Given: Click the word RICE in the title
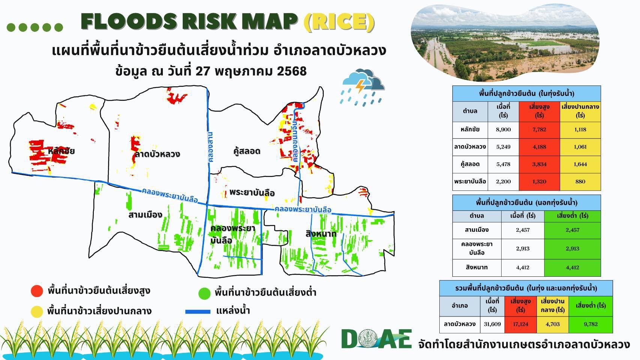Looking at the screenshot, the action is [339, 22].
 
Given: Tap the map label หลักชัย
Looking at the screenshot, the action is [61, 151].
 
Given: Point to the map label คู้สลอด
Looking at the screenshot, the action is [247, 151].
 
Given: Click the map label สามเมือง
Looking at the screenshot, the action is [146, 214].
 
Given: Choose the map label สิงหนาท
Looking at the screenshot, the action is [321, 234].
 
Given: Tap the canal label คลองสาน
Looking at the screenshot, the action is [210, 147].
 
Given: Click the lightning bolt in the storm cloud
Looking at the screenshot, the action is [361, 86].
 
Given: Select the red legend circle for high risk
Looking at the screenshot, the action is [37, 291].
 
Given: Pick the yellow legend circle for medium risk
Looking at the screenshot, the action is [37, 311].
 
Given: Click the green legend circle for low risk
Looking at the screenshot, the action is [204, 293].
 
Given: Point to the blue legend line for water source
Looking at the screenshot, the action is [198, 312].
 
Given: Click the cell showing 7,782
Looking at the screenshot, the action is [539, 130].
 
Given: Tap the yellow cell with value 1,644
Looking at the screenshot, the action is [580, 164].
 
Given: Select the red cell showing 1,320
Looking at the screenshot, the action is [539, 182].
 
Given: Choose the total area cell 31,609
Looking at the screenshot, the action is [492, 324].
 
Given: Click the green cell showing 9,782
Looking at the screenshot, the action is [590, 324].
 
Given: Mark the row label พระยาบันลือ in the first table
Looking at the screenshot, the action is [470, 181].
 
